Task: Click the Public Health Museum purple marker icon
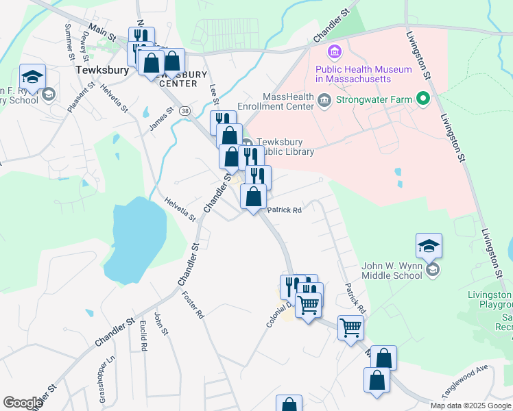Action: pos(335,51)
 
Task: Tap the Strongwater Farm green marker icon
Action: pos(422,100)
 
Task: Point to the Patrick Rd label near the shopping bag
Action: pos(285,210)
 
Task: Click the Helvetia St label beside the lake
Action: pos(180,209)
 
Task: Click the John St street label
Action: pos(160,323)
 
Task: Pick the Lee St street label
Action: pos(213,89)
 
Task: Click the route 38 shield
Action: pos(184,110)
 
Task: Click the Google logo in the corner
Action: pos(23,402)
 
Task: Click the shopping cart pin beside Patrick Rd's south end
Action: pos(350,329)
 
